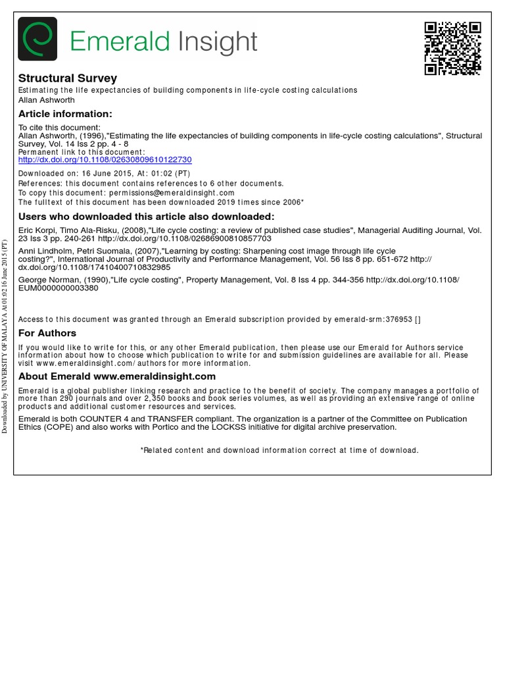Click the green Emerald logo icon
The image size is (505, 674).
(x=37, y=39)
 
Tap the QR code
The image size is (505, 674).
(x=452, y=48)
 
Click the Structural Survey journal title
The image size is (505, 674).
(x=68, y=78)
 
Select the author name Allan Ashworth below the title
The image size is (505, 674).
(x=46, y=100)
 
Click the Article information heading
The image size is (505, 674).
(x=65, y=114)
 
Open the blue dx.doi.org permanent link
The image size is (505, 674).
(x=105, y=160)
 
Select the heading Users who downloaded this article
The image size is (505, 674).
(x=146, y=217)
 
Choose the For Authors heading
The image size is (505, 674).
(x=47, y=333)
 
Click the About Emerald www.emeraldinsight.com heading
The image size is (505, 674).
(x=117, y=376)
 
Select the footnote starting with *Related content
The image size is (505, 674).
(x=279, y=450)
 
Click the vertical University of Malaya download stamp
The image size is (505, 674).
(x=5, y=336)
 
